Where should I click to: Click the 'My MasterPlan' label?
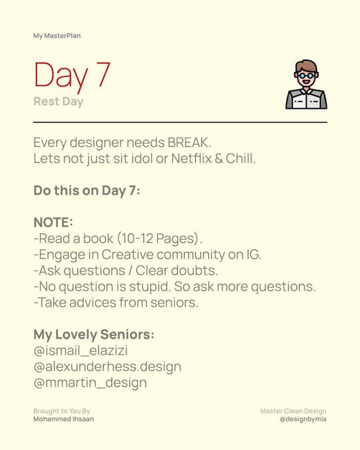pos(57,36)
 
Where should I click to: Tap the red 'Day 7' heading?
pos(72,75)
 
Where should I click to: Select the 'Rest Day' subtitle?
pos(58,102)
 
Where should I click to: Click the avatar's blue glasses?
pos(306,75)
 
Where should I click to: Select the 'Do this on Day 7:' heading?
pos(87,191)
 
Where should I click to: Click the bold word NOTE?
pos(53,222)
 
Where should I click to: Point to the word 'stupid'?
pos(149,287)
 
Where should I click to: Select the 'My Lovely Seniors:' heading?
pos(94,335)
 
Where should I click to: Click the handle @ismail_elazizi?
pos(81,351)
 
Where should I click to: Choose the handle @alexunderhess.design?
pos(107,367)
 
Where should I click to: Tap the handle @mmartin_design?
pos(90,383)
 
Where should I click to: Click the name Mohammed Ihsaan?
pos(64,419)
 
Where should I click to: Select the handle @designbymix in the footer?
pos(303,420)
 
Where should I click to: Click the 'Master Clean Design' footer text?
pos(294,411)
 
